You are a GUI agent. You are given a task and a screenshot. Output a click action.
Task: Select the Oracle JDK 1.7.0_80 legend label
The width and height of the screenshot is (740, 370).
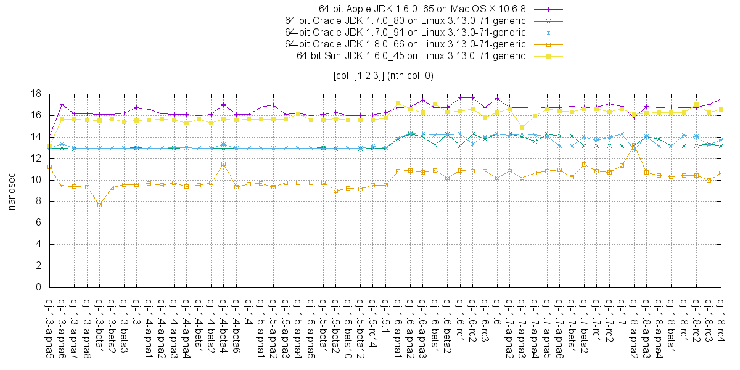pos(405,20)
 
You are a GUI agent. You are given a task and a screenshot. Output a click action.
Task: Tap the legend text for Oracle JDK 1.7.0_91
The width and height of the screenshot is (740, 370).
pos(405,32)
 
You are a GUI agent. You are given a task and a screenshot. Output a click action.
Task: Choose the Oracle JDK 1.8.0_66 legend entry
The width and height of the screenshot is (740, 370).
pos(405,44)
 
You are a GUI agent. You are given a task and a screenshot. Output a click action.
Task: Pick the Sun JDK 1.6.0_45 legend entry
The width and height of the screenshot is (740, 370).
pos(411,55)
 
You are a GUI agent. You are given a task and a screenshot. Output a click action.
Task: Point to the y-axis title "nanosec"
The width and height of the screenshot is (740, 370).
pos(11,191)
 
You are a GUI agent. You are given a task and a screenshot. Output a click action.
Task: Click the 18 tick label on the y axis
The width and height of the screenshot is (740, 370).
pos(36,94)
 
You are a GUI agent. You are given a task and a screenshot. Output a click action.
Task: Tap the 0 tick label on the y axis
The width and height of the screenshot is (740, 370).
pos(39,287)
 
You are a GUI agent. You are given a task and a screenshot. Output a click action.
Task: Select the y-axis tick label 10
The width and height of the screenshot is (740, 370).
pos(36,180)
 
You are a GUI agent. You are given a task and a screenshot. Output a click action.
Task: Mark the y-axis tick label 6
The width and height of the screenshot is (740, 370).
pos(39,223)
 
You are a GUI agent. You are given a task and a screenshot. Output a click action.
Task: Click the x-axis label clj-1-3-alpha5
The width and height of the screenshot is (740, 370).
pos(49,329)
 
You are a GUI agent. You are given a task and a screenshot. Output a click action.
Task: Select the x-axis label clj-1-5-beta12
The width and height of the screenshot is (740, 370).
pos(360,329)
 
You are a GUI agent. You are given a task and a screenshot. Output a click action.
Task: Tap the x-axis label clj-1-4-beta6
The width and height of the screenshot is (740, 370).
pos(236,327)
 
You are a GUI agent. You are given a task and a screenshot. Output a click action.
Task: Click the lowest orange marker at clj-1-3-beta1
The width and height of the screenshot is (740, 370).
pos(99,205)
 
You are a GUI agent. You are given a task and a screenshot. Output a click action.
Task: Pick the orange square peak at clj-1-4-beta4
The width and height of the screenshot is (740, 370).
pos(223,163)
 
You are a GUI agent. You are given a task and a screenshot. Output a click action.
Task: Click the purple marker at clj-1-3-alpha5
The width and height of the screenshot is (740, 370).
pos(49,135)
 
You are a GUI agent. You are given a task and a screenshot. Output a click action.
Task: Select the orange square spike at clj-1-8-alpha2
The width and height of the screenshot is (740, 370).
pos(634,146)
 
